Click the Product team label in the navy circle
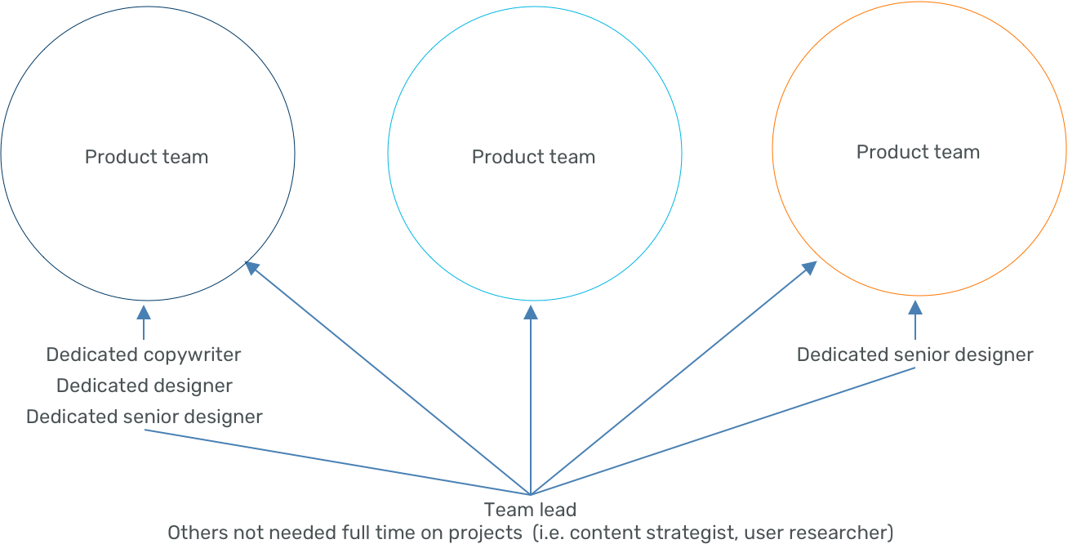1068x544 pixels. (146, 157)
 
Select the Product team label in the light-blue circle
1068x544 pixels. (533, 157)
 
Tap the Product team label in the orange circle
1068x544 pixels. (918, 152)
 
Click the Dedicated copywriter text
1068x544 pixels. (144, 354)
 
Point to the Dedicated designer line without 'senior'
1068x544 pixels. (145, 386)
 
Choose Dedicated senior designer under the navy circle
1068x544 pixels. (145, 417)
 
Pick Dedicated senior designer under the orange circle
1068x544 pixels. (914, 354)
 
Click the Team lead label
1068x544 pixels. (530, 511)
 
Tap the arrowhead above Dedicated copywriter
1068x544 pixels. (144, 311)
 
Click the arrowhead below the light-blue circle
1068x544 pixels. (531, 312)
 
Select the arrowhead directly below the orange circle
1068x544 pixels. (915, 307)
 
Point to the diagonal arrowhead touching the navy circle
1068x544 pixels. (252, 266)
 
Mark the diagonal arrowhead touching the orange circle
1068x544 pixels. (809, 267)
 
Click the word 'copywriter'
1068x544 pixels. (193, 354)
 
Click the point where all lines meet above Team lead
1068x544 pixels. (531, 494)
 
